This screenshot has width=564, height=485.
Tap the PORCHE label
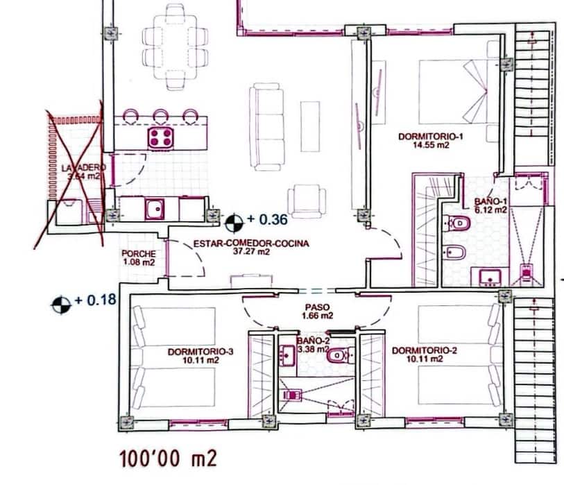point(138,254)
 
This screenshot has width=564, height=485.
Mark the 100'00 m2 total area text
point(169,459)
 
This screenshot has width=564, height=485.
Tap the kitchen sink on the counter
point(154,208)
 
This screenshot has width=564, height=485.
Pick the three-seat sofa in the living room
point(267,126)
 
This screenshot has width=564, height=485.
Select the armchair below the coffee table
point(306,200)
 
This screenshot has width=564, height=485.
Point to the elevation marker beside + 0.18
point(62,303)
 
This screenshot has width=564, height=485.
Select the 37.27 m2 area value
point(251,252)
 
